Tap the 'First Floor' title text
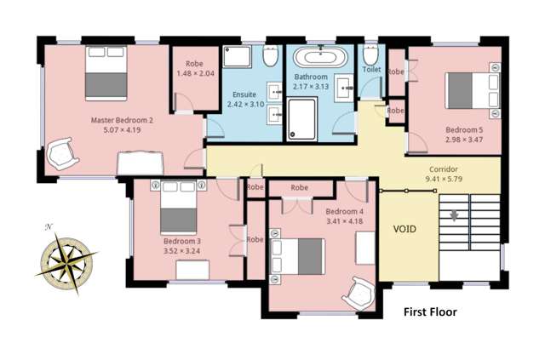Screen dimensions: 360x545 (430, 312)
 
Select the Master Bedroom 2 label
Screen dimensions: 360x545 (122, 120)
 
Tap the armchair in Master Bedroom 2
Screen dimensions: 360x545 (61, 154)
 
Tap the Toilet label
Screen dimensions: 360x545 (371, 69)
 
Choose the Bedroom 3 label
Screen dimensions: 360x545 (181, 241)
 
